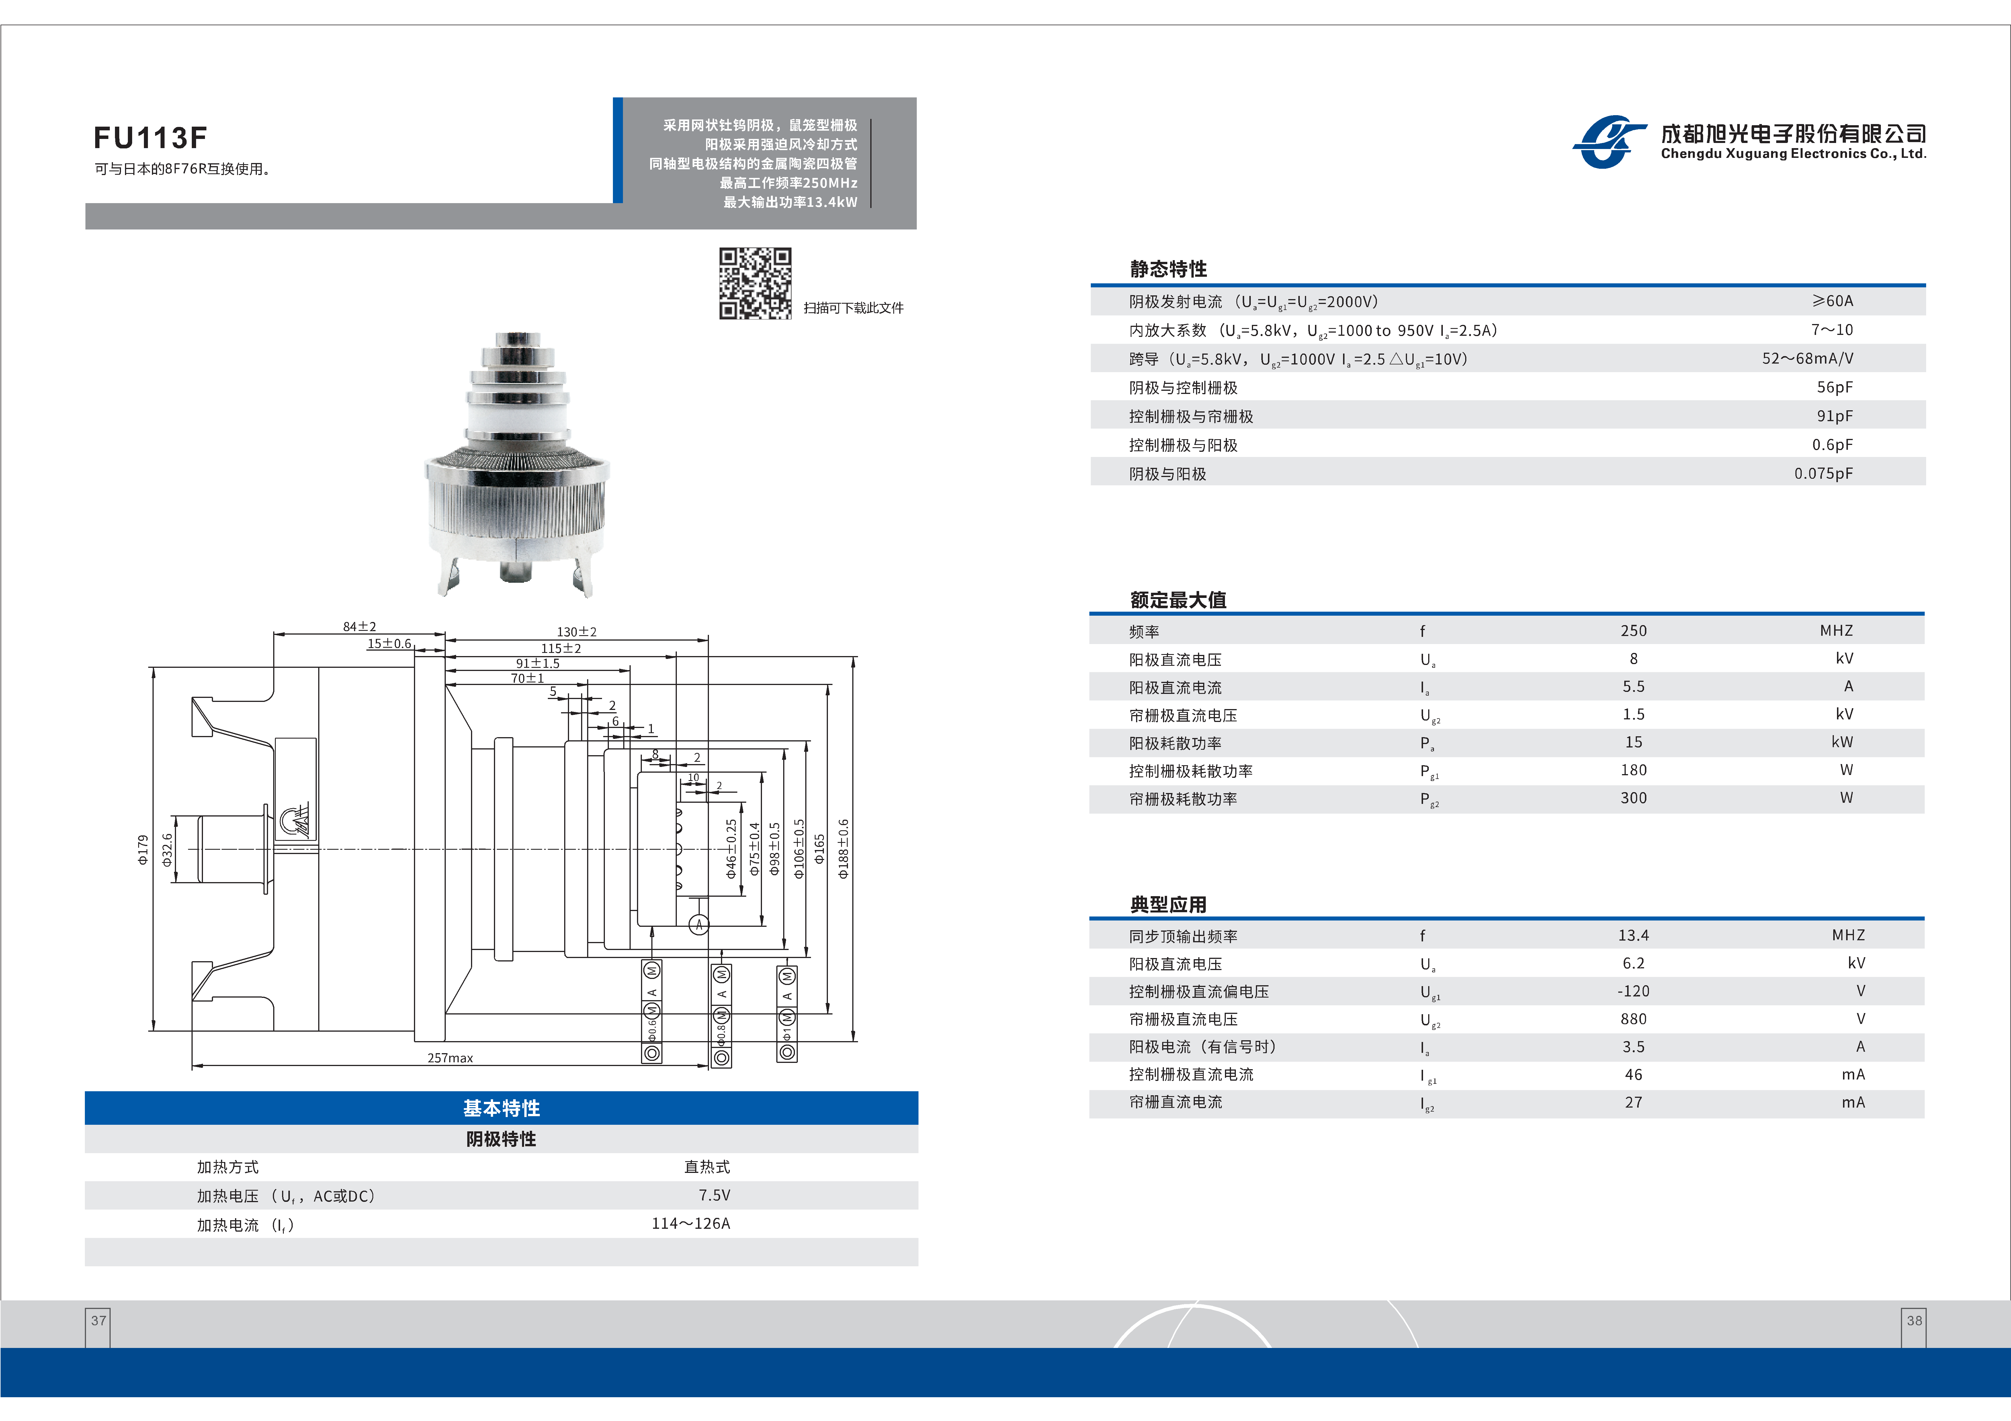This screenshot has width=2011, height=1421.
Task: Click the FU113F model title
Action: tap(150, 138)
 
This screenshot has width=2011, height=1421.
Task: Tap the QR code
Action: tap(755, 283)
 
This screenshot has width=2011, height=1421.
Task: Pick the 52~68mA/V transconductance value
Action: tap(1807, 358)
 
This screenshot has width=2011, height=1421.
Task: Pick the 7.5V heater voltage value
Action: tap(714, 1195)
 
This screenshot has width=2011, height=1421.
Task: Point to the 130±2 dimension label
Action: tap(576, 631)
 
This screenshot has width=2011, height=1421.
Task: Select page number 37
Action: tap(98, 1320)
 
